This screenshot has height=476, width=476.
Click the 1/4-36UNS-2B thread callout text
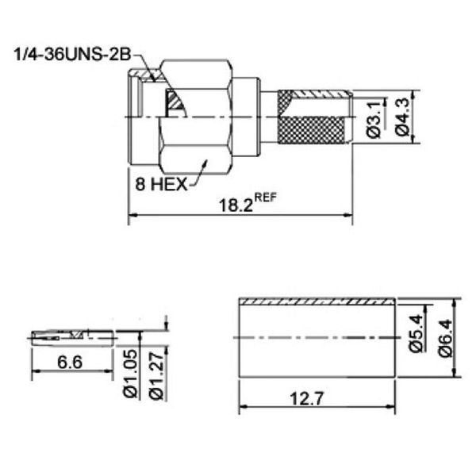point(73,55)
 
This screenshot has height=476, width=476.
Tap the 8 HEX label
point(161,184)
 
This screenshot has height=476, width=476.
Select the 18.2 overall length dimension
point(236,205)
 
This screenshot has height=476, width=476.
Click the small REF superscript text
point(266,198)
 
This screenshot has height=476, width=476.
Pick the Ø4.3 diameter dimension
point(403,117)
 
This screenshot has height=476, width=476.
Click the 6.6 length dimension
point(70,362)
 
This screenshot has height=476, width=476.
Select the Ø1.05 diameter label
point(131,374)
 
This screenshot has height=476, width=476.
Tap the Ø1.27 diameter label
point(156,375)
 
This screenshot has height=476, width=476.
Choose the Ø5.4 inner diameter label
point(416,333)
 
